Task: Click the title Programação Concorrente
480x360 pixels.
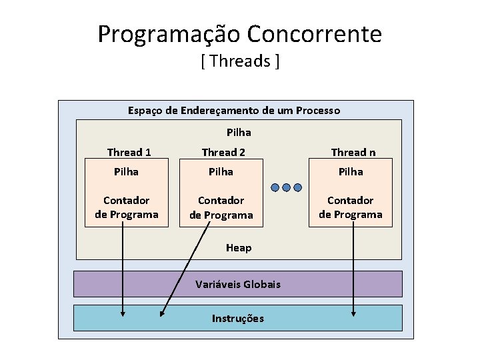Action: click(239, 33)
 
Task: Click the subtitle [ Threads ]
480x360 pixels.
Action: click(239, 62)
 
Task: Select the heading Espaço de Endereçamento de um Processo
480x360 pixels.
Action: click(234, 110)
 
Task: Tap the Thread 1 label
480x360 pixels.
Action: click(129, 152)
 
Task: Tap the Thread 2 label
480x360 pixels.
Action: click(223, 152)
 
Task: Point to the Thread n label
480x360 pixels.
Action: click(353, 152)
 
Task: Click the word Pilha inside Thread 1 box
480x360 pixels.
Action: click(126, 172)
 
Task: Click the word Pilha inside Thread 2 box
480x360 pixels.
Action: click(221, 172)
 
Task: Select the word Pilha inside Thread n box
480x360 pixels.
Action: click(351, 172)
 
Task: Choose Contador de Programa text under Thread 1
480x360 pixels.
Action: click(127, 207)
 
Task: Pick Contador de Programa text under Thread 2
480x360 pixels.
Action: click(221, 207)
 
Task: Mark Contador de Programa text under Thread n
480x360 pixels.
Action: click(351, 207)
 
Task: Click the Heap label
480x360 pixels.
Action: click(239, 248)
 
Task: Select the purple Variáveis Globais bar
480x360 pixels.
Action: click(237, 284)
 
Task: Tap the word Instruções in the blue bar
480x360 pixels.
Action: click(237, 318)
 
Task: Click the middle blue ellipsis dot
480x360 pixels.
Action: click(286, 187)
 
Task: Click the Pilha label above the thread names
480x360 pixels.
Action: click(239, 133)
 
